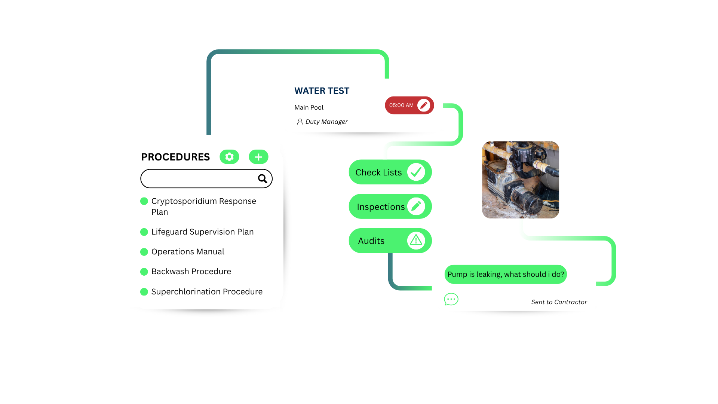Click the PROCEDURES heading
(175, 157)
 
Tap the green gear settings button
(229, 157)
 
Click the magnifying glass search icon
(263, 179)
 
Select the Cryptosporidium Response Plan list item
(203, 206)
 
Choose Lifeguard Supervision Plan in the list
(202, 232)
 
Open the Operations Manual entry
(188, 252)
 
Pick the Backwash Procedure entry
(191, 272)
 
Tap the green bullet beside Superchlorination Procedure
(144, 292)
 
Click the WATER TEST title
(322, 91)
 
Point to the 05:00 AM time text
(401, 105)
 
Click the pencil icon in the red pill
(424, 105)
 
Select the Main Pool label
(309, 108)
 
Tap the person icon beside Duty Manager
(300, 122)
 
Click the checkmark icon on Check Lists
(416, 172)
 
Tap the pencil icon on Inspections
(416, 206)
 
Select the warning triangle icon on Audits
(416, 241)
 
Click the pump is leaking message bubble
(506, 275)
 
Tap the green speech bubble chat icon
(451, 299)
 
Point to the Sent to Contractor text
(559, 302)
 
